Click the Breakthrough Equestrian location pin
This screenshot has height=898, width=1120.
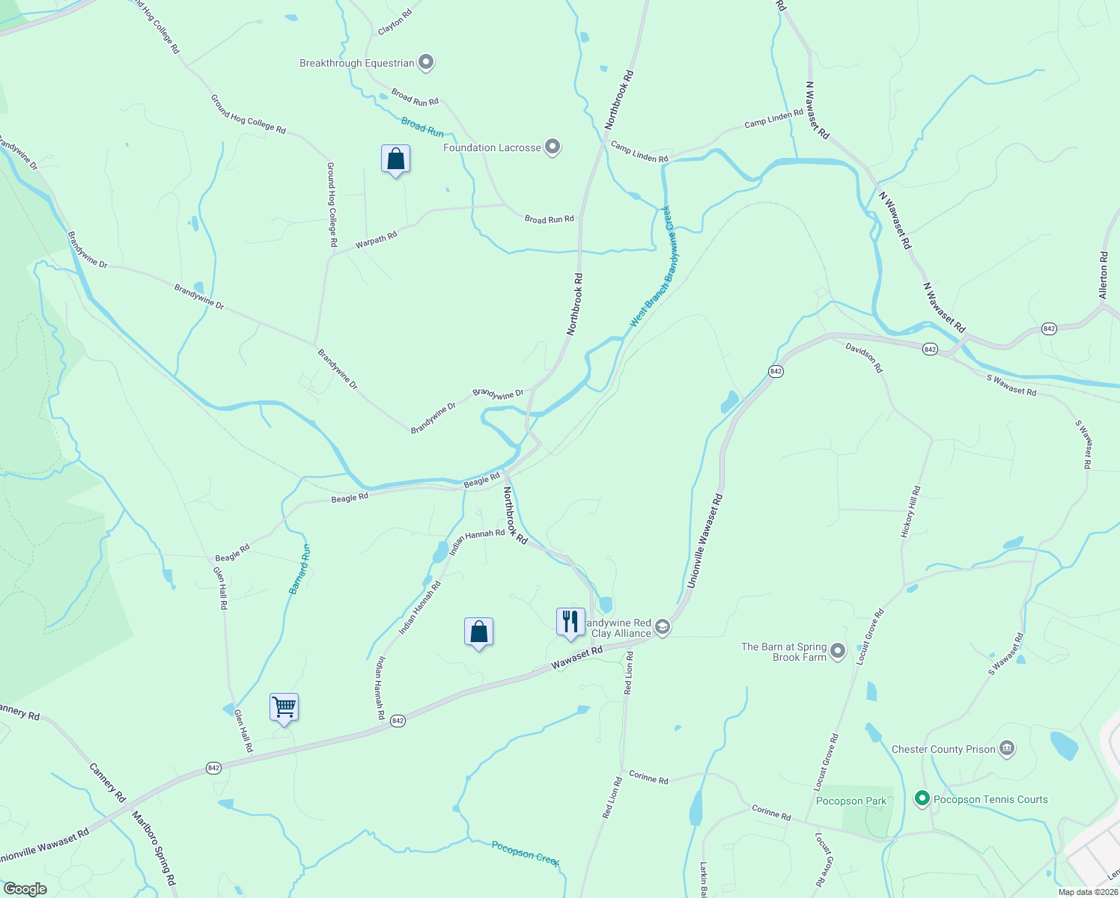coord(426,63)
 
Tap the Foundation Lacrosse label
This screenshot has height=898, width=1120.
coord(491,148)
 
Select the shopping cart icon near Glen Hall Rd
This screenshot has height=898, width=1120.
coord(284,707)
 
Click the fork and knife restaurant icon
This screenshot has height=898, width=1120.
coord(570,622)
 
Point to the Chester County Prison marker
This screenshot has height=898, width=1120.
coord(1007,748)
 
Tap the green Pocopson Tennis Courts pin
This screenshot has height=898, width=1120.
coord(922,799)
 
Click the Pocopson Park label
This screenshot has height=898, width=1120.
coord(851,801)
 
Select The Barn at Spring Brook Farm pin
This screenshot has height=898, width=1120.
coord(838,651)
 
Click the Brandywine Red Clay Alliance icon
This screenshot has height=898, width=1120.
coord(662,627)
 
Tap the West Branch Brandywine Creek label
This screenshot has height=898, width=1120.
coord(652,266)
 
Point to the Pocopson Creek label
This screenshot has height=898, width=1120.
coord(526,854)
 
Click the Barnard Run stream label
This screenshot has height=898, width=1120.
coord(300,569)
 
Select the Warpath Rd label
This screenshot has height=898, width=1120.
coord(376,240)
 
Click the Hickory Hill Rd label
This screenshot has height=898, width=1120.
coord(910,512)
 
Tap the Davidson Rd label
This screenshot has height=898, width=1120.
coord(864,358)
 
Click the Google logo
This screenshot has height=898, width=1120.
coord(25,889)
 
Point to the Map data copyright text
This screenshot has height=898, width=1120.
coord(1087,892)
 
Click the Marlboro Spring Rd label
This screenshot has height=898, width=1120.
coord(153,849)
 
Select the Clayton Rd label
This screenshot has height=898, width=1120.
coord(395,22)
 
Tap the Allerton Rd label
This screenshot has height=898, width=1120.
coord(1103,275)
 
